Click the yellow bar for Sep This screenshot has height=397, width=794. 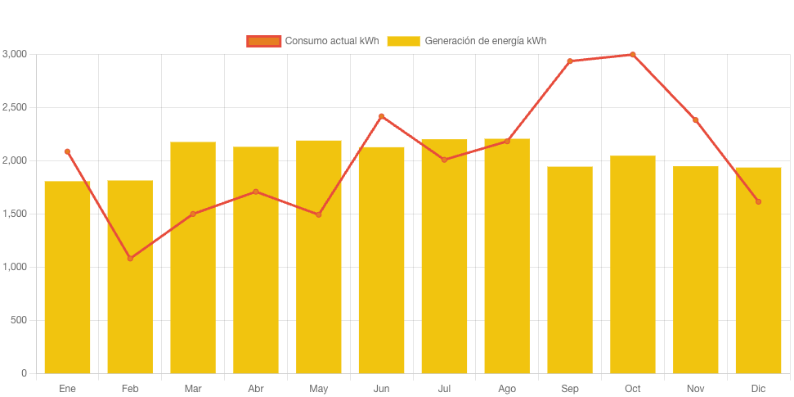coord(570,270)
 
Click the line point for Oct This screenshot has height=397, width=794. coord(633,55)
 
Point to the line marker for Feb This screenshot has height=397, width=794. coord(130,258)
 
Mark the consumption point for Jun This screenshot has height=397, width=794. coord(381,116)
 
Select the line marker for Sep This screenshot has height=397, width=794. coord(570,61)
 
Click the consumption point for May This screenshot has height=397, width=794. coord(319,214)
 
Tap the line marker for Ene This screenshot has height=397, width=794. coord(67,151)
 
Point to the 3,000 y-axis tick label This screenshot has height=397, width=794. coord(15,54)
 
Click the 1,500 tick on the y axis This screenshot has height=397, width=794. coord(15,214)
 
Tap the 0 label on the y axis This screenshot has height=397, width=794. coord(24,373)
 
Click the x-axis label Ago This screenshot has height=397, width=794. coord(507,388)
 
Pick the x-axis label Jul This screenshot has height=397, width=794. coord(444,388)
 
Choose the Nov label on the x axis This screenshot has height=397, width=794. coord(696,388)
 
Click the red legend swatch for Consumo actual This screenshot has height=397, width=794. coord(263,41)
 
